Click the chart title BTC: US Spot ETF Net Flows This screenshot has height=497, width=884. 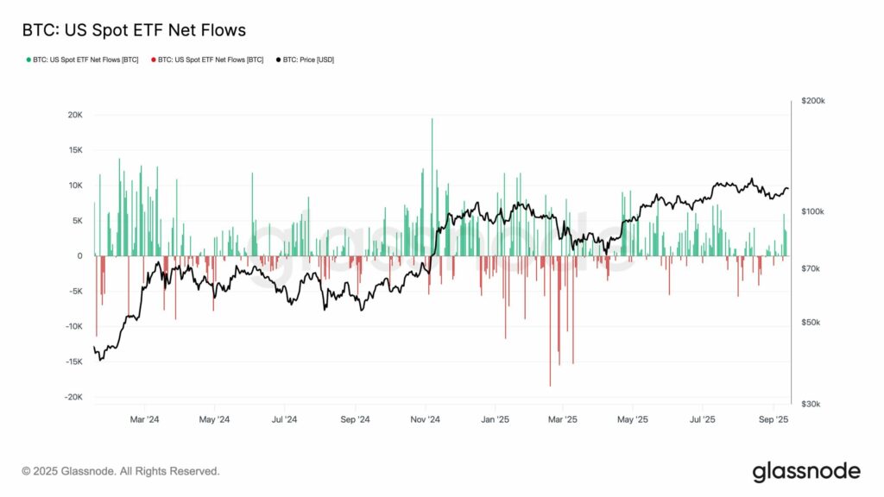(134, 30)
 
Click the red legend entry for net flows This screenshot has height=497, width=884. (207, 60)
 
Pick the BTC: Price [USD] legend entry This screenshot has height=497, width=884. (309, 60)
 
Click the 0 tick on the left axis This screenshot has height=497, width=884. (79, 255)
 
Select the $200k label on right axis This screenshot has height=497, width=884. (813, 101)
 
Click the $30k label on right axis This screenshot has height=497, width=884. (812, 404)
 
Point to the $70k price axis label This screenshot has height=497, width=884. (812, 269)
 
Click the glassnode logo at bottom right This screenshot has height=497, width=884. (806, 471)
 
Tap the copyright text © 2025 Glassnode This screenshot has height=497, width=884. (121, 471)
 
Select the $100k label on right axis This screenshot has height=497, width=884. (814, 211)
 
